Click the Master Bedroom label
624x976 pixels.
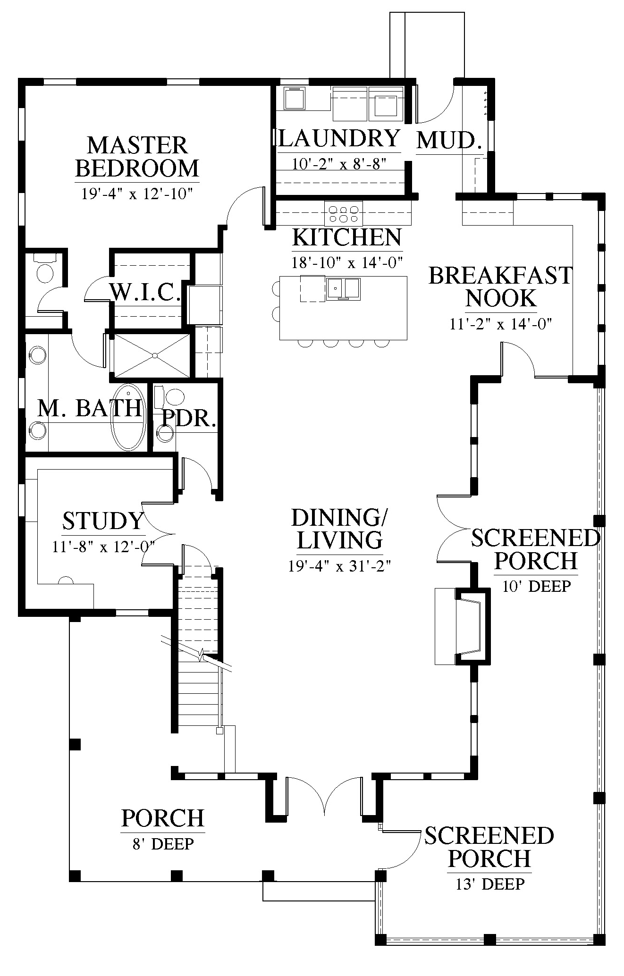pyautogui.click(x=137, y=157)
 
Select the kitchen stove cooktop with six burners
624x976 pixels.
pyautogui.click(x=343, y=213)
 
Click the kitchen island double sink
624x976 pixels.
pyautogui.click(x=343, y=289)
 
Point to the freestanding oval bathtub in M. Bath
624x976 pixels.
pyautogui.click(x=128, y=418)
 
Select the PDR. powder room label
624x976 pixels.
pyautogui.click(x=189, y=418)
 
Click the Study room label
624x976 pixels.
pyautogui.click(x=103, y=521)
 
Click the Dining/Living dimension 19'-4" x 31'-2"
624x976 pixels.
pyautogui.click(x=340, y=565)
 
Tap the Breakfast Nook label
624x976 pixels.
pyautogui.click(x=500, y=286)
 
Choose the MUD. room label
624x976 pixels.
pyautogui.click(x=449, y=140)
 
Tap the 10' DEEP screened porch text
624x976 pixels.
pyautogui.click(x=537, y=586)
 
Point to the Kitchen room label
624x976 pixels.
pyautogui.click(x=347, y=237)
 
